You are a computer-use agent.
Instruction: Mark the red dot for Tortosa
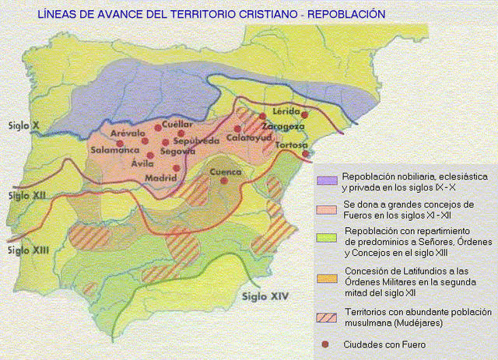point(307,154)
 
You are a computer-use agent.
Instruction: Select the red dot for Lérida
point(304,115)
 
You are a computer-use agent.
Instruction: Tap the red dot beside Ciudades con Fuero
point(324,344)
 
